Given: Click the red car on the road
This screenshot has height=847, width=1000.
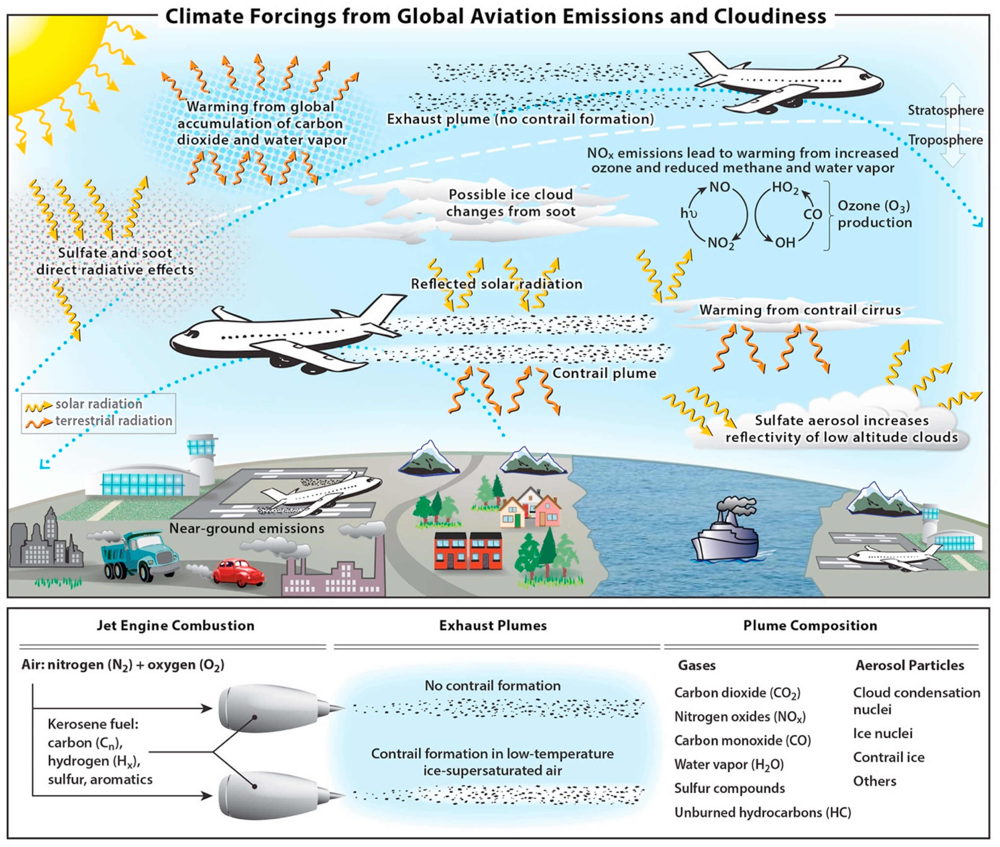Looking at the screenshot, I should coord(238,571).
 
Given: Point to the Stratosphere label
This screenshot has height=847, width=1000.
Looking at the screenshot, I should coord(945,110).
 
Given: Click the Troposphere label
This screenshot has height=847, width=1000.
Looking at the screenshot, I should coord(945,140).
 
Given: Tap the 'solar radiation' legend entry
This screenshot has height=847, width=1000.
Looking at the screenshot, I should coord(98,404).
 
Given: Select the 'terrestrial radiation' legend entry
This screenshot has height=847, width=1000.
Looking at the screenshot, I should coord(113,421).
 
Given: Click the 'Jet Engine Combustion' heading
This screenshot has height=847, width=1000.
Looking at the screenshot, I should coord(176,626).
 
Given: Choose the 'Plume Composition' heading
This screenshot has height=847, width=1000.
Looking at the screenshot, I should coord(810,626).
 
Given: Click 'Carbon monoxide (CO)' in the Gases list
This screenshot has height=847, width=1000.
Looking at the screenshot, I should coord(742,740).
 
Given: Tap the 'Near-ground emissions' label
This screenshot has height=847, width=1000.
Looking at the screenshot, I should coord(247,529).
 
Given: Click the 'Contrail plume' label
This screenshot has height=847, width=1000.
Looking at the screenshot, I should coord(604,373).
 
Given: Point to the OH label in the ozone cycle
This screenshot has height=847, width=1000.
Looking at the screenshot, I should coord(785,243).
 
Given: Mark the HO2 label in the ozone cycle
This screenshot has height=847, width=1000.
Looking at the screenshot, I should coord(785,188).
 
